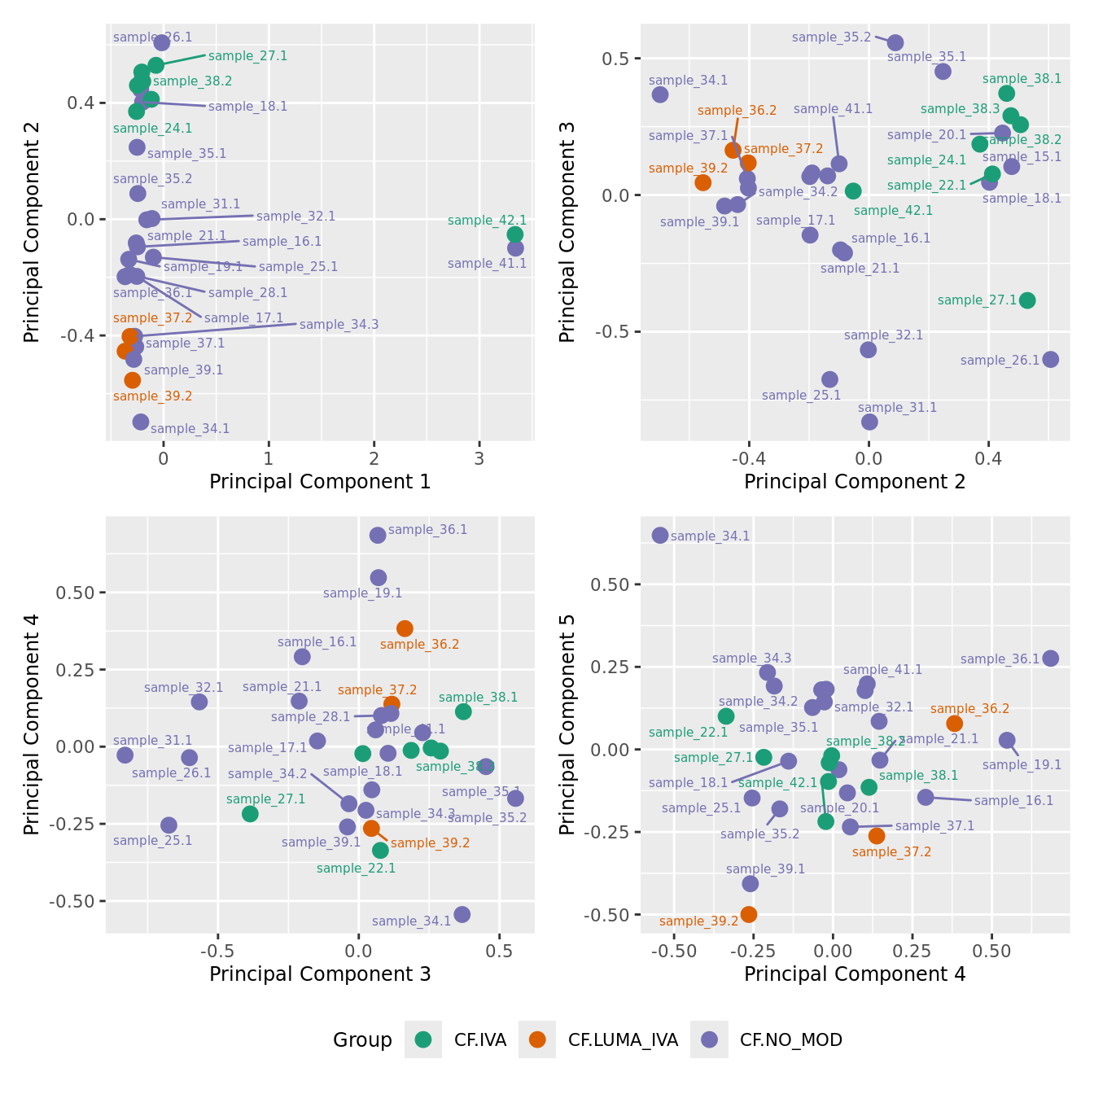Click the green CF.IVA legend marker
coord(423,1039)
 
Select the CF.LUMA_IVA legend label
coord(623,1039)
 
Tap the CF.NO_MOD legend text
coord(790,1039)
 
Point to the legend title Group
coord(362,1039)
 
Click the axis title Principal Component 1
coord(320,482)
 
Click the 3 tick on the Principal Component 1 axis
coord(479,458)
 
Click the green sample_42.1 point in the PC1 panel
coord(515,234)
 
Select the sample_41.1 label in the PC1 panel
coord(487,264)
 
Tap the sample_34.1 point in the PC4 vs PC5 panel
coord(660,535)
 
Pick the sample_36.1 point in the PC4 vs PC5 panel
coord(1051,659)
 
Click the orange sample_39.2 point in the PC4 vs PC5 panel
coord(749,914)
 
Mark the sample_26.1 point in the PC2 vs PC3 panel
coord(1051,359)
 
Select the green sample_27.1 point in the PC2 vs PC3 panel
coord(1027,300)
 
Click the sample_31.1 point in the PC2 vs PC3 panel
coord(869,422)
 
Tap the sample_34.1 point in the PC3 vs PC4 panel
coord(462,914)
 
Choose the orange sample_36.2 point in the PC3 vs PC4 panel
coord(405,628)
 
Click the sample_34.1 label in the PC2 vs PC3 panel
coord(688,81)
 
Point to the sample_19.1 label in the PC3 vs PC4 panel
coord(362,593)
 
